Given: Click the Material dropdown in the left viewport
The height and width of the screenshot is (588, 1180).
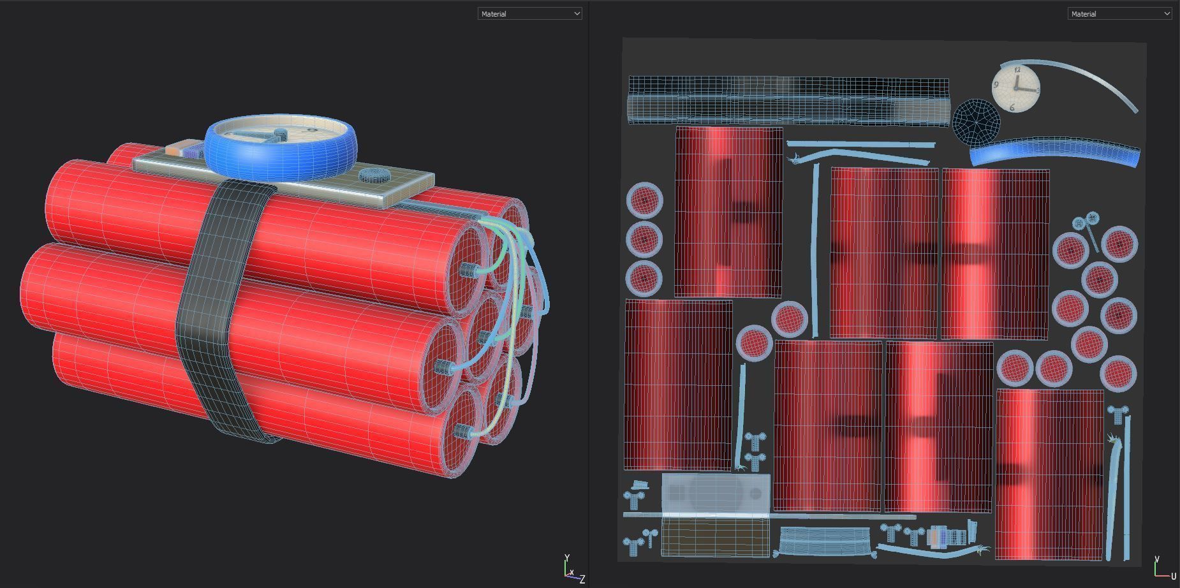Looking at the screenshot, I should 529,13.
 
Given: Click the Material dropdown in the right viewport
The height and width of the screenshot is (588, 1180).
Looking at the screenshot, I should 1119,13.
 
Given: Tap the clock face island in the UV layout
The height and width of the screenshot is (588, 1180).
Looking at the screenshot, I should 1015,89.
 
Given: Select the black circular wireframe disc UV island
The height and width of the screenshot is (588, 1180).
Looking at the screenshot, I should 976,121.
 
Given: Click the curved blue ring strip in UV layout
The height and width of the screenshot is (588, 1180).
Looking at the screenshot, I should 1052,152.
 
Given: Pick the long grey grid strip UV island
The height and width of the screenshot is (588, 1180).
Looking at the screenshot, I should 788,101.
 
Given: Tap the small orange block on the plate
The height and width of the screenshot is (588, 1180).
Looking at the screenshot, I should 174,151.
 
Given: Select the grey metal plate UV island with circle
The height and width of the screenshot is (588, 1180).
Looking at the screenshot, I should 716,493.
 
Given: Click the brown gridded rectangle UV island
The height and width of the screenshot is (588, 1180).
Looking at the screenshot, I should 715,536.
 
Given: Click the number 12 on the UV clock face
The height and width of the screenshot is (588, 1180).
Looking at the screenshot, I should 1017,71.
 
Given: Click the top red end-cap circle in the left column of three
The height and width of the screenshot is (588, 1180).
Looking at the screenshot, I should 644,200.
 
